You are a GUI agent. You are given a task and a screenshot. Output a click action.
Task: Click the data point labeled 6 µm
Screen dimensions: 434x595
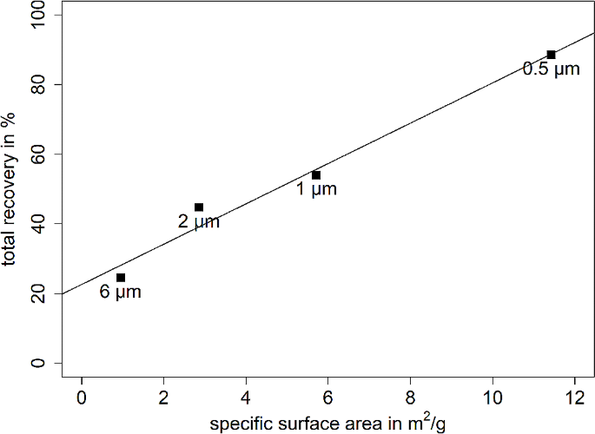click(x=121, y=278)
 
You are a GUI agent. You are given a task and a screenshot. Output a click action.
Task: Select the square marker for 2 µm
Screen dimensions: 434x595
click(x=199, y=207)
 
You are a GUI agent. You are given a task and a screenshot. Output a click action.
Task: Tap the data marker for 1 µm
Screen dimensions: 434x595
click(x=316, y=175)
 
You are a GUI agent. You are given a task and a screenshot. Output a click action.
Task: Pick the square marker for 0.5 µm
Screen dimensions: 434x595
click(x=551, y=55)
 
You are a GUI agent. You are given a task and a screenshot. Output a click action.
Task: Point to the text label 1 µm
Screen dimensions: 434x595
click(x=316, y=189)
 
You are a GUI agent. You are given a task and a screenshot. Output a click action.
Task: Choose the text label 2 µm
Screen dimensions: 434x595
click(x=199, y=222)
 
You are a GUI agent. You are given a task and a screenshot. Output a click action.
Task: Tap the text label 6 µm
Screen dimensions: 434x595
click(x=120, y=293)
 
